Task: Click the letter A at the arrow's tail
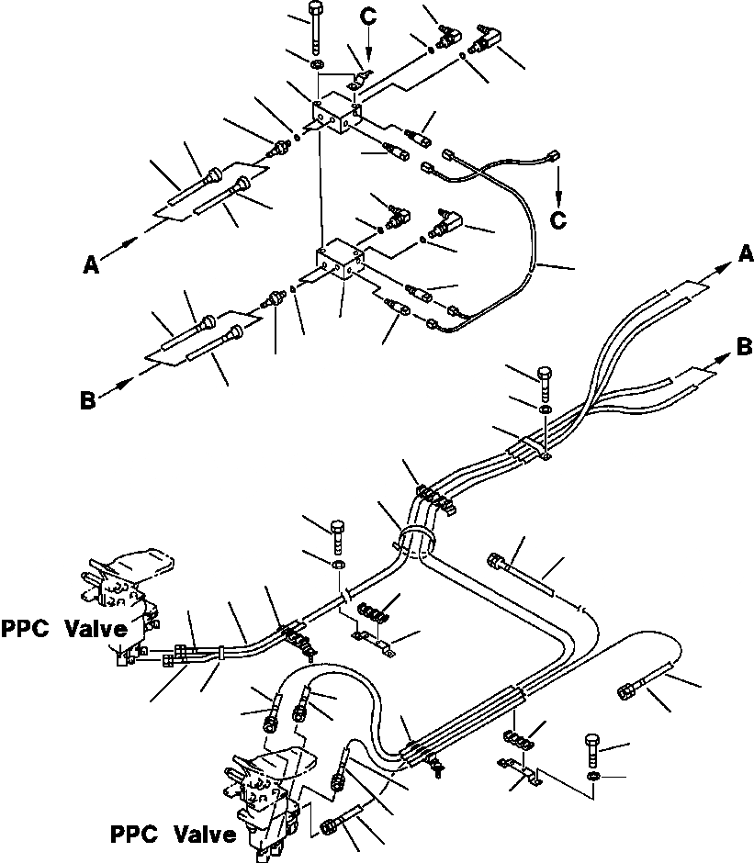[x=90, y=264]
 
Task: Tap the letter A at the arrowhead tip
[x=746, y=252]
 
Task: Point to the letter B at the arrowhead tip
[x=745, y=346]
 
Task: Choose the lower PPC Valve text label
[x=173, y=835]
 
